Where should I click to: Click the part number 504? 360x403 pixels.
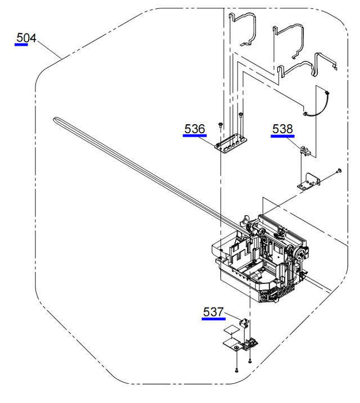point(26,38)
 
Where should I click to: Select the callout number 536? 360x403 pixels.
point(195,129)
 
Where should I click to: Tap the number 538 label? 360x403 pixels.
point(282,129)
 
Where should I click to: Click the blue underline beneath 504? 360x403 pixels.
point(21,45)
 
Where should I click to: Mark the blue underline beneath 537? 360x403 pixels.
point(213,319)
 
